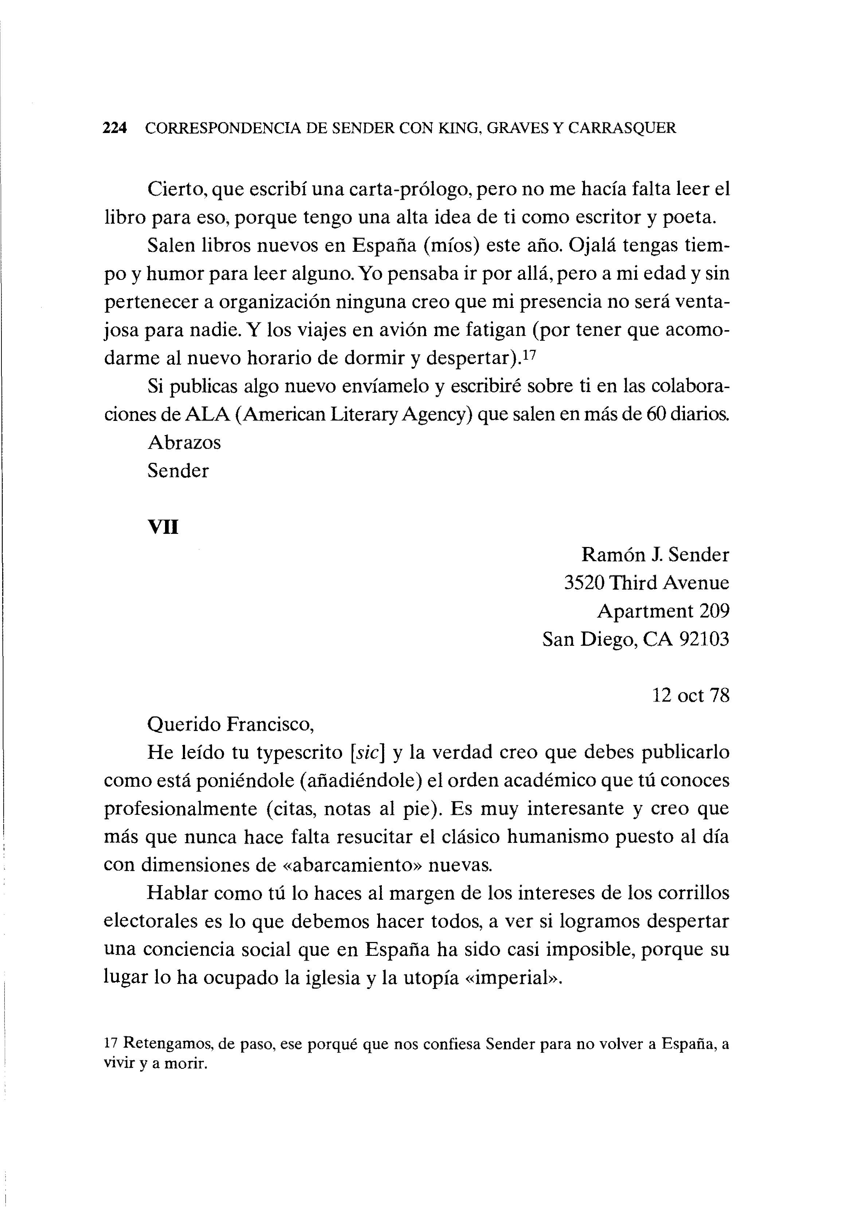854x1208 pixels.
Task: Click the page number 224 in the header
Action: coord(115,128)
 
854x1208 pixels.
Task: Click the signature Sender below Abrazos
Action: coord(178,471)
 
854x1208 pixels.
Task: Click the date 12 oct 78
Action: coord(691,696)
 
